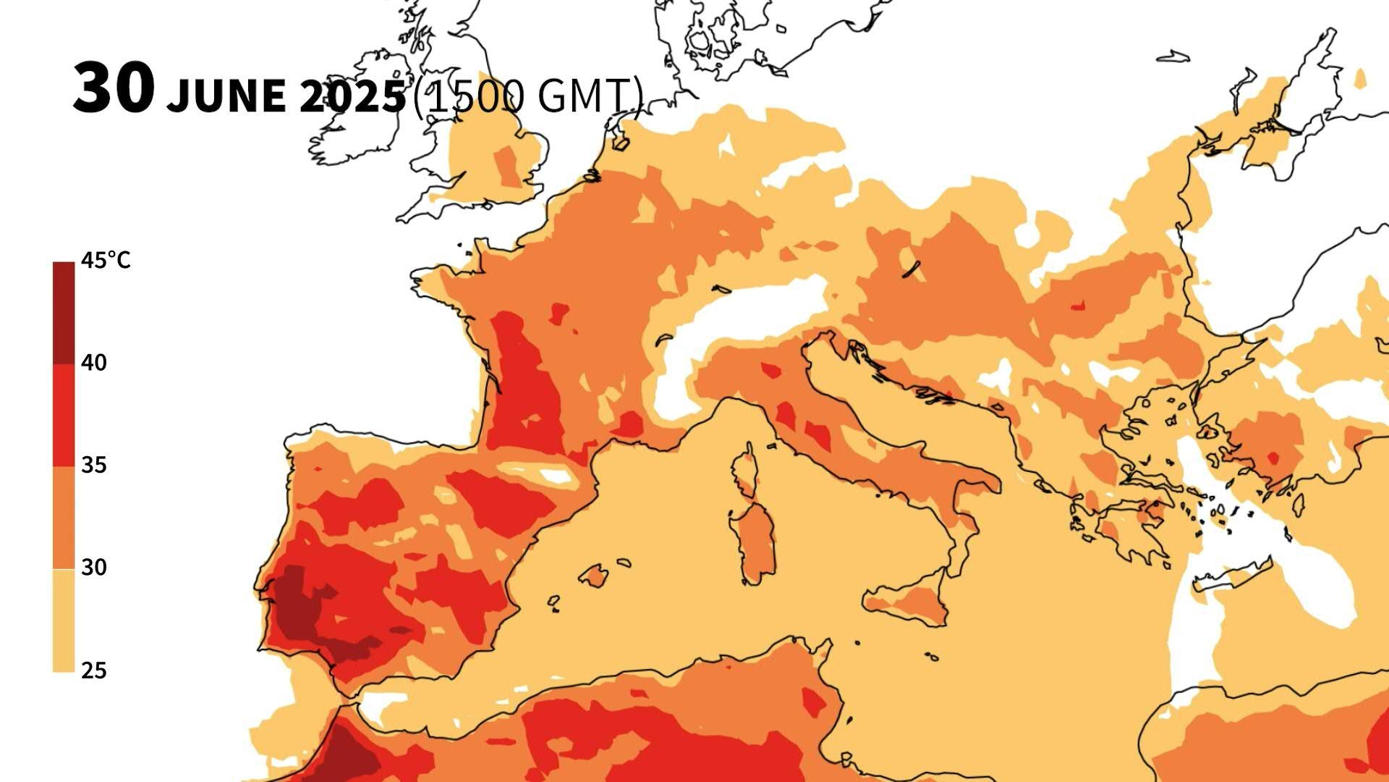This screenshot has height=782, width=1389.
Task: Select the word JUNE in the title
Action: coord(226,96)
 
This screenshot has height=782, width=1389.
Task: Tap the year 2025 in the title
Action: coord(353,96)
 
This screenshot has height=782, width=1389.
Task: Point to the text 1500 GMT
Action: coord(527,95)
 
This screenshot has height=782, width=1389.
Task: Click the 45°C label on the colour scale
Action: coord(106,261)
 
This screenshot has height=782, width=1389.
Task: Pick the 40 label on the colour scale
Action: coord(94,363)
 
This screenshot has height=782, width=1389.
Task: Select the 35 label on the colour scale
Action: coord(94,465)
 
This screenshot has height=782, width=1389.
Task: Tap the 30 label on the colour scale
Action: coord(94,568)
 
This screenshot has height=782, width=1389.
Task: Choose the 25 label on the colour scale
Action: coord(94,670)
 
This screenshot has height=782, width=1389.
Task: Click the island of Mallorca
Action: coord(595,576)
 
